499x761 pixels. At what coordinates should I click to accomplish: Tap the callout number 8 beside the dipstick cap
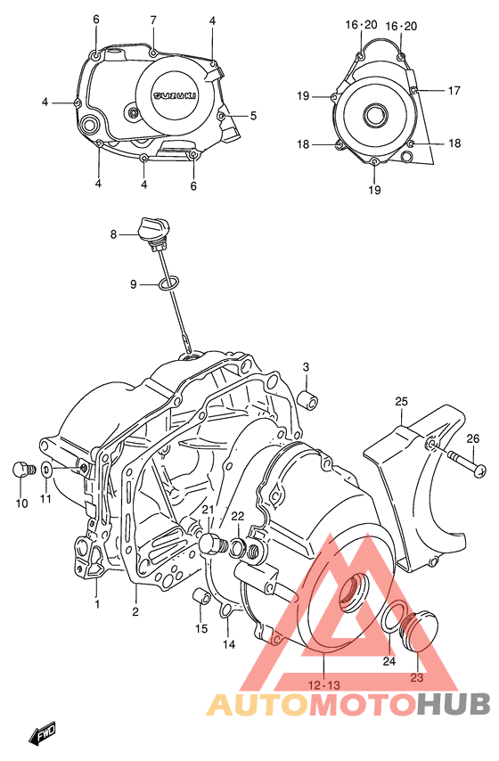pos(114,235)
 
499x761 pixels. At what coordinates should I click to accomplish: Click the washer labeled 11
pos(45,470)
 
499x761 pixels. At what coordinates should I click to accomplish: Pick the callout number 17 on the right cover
pos(454,90)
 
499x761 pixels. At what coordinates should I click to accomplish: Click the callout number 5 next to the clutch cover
pos(253,115)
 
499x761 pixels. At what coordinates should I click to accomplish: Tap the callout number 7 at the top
pos(153,20)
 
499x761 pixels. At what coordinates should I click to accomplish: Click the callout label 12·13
pos(323,683)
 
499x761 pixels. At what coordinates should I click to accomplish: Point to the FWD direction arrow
pos(44,735)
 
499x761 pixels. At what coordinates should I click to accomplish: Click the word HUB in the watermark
pos(454,704)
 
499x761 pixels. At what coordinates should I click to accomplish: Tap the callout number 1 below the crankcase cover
pos(97,603)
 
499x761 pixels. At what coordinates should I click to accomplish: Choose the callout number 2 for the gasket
pos(135,611)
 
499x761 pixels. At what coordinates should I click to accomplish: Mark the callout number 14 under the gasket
pos(228,644)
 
